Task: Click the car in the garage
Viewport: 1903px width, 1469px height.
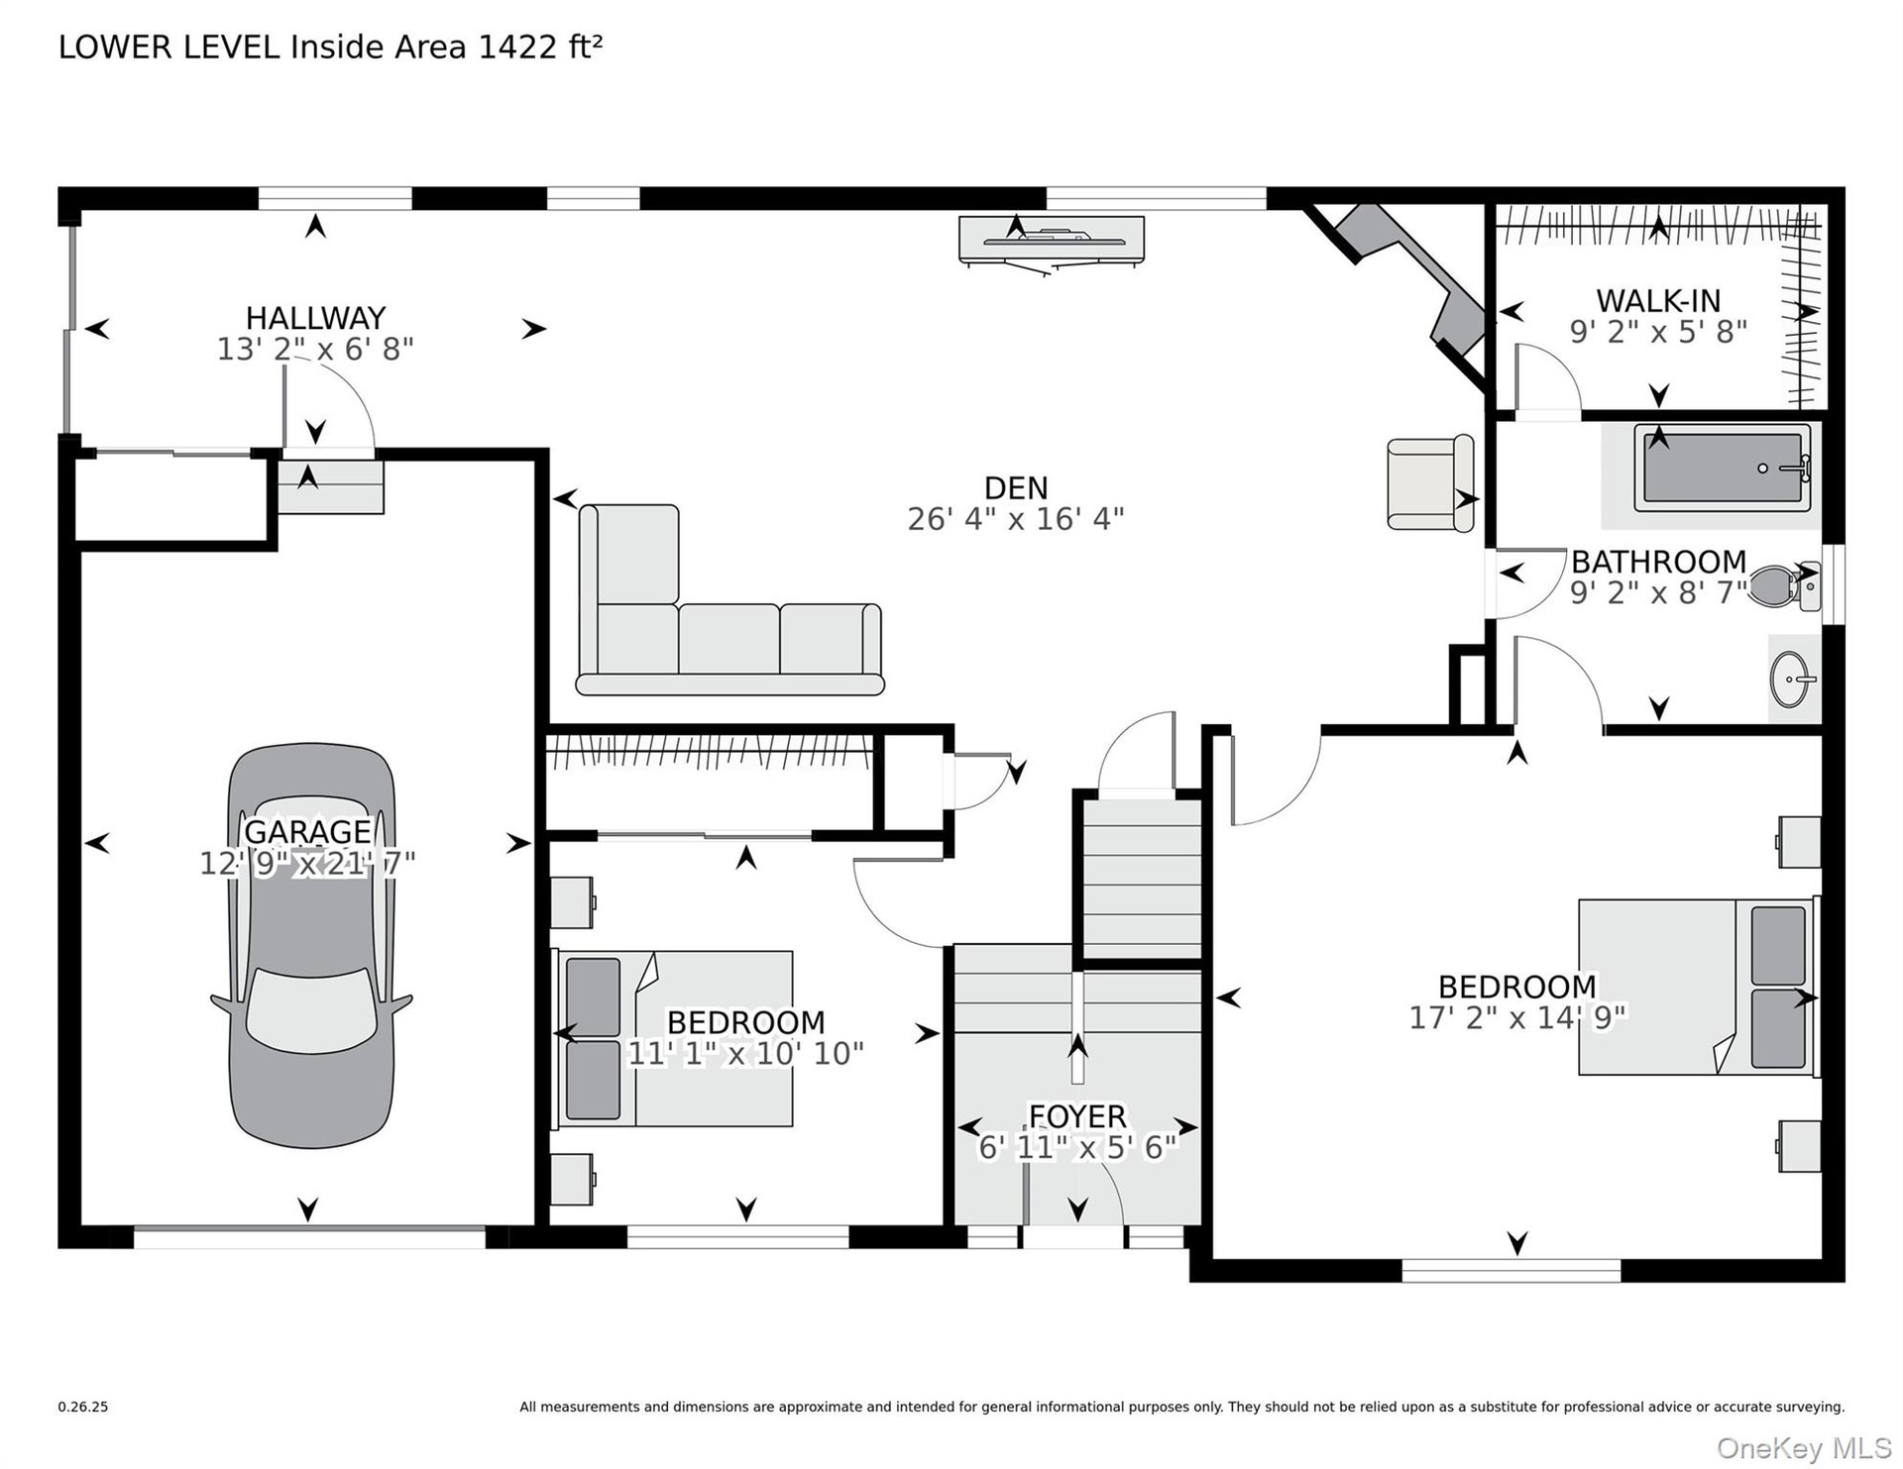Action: (x=311, y=946)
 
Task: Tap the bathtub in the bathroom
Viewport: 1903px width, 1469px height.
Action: (x=1722, y=468)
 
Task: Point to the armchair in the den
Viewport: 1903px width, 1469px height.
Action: (x=1430, y=483)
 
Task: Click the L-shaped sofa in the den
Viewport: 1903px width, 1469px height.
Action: (x=728, y=600)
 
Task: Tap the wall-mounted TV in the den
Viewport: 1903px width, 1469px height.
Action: (x=1052, y=241)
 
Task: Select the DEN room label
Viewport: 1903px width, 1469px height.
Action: (x=1016, y=487)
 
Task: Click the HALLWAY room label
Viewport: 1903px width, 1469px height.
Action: (x=315, y=318)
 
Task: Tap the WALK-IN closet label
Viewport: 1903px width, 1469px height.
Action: (x=1658, y=300)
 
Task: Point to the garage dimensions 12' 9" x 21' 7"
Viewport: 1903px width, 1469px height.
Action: (x=307, y=864)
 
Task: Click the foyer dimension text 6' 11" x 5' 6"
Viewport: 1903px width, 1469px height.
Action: (x=1077, y=1147)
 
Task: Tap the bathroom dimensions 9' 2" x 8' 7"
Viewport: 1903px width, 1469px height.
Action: (x=1658, y=592)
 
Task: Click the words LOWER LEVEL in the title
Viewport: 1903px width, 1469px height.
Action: (x=169, y=48)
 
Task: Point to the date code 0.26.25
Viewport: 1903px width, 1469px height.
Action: (x=83, y=1407)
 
